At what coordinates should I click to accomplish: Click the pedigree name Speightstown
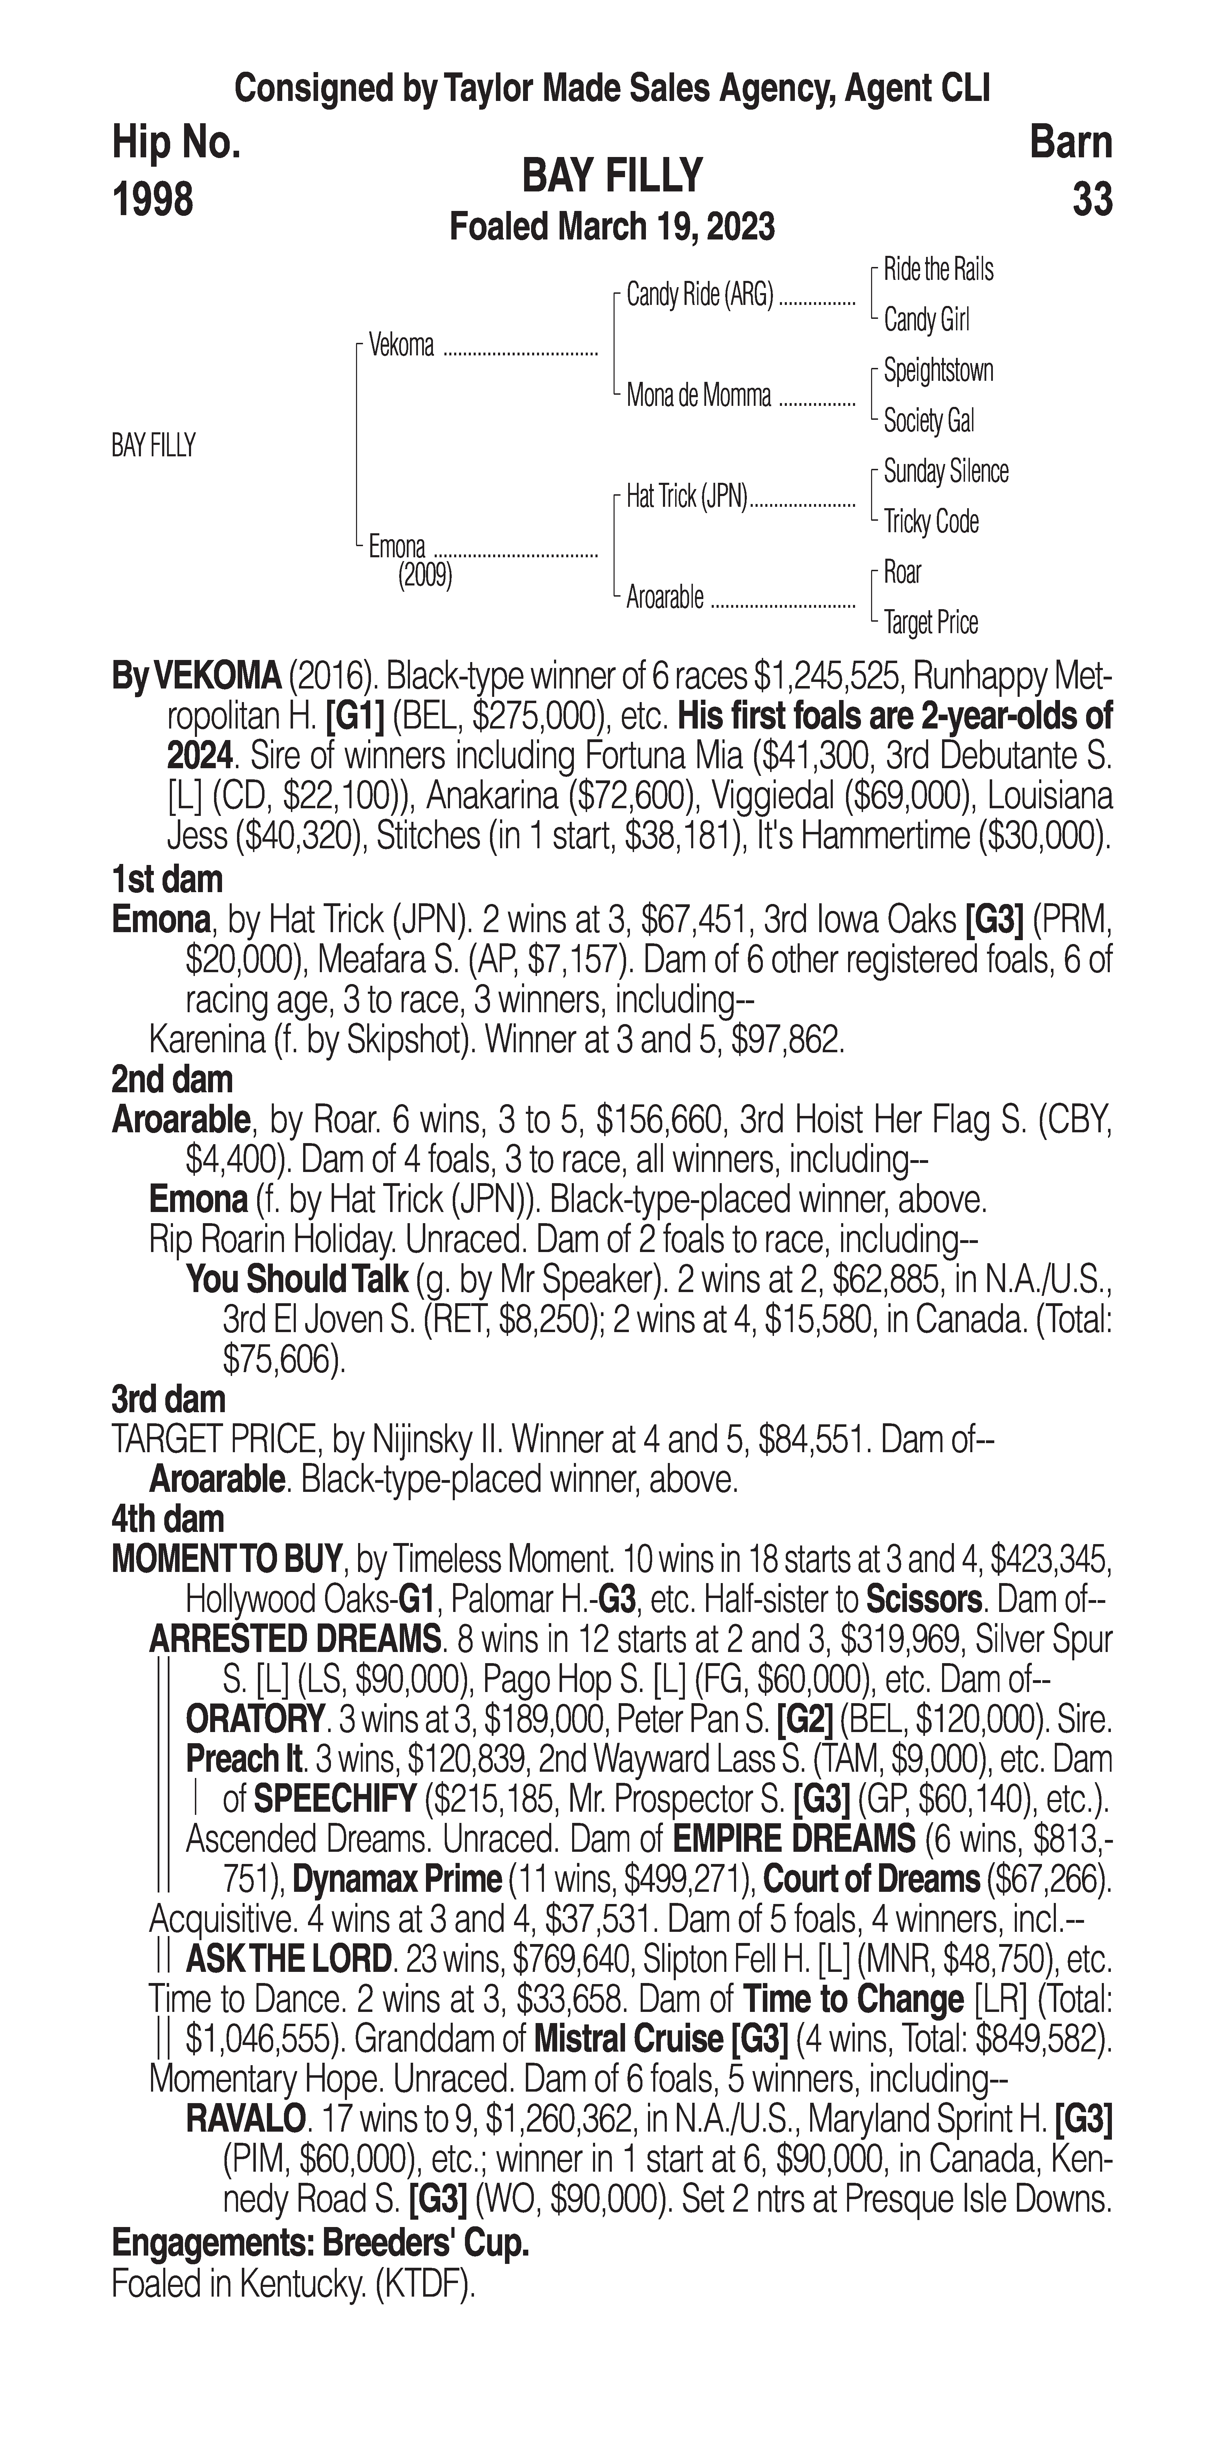click(x=938, y=370)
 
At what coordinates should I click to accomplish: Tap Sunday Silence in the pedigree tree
click(x=946, y=471)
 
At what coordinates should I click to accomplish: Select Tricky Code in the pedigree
click(x=931, y=521)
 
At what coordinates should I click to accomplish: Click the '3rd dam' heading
click(x=169, y=1399)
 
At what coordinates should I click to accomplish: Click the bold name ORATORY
click(x=254, y=1720)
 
